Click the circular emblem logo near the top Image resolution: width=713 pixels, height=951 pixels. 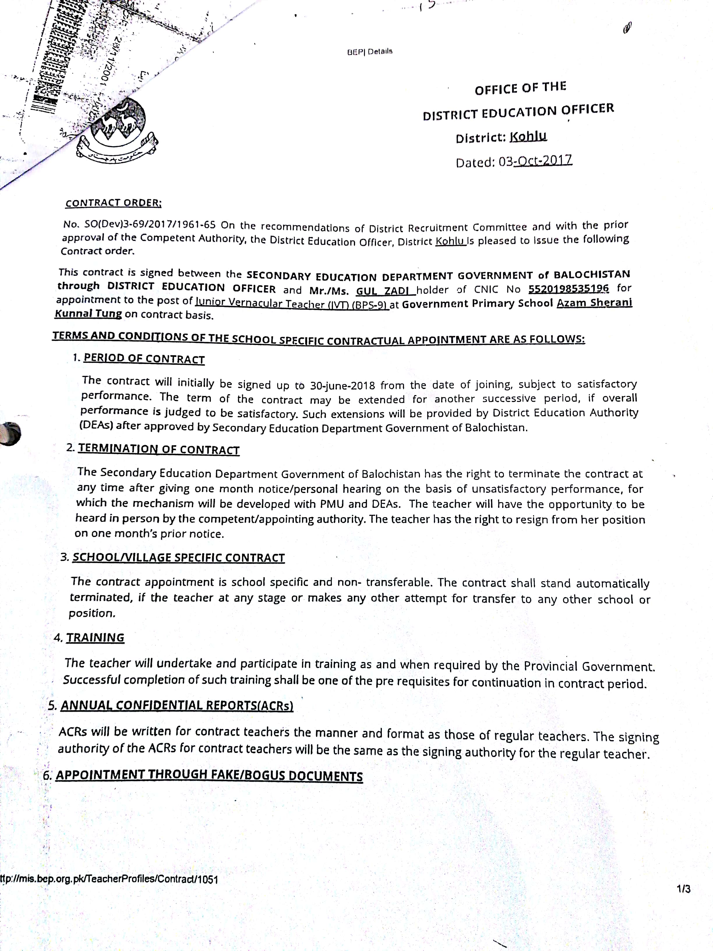(x=117, y=129)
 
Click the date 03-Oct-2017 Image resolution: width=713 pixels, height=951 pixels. (x=535, y=161)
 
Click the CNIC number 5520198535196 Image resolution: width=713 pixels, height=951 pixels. (x=569, y=288)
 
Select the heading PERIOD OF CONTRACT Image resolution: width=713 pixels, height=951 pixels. (x=144, y=359)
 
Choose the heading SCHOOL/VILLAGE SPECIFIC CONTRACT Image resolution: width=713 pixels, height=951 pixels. (x=178, y=558)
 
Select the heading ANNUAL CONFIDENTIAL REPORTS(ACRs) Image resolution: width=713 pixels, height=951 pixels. (x=177, y=705)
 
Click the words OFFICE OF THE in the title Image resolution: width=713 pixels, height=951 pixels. (x=520, y=88)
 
